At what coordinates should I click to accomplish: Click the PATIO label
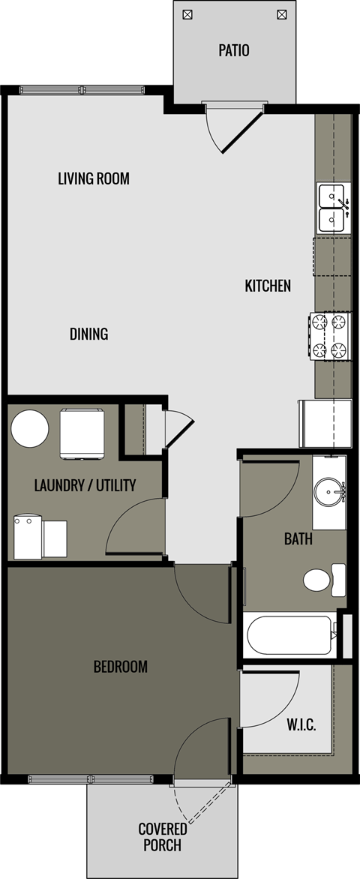(234, 51)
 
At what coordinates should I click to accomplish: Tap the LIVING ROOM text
(94, 178)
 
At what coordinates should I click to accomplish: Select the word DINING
(89, 334)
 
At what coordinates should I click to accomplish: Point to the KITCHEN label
(268, 286)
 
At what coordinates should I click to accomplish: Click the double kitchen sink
(331, 208)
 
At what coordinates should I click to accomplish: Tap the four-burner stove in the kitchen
(330, 336)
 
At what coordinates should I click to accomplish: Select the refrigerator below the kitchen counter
(325, 423)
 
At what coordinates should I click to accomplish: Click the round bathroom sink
(328, 492)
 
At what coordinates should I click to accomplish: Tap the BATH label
(298, 538)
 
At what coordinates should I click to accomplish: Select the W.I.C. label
(301, 725)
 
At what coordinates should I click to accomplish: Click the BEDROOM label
(120, 666)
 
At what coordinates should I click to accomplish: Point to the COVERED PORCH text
(163, 837)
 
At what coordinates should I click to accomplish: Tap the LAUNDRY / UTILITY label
(85, 485)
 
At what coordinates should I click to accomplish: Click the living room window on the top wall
(80, 90)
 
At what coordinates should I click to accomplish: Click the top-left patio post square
(187, 13)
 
